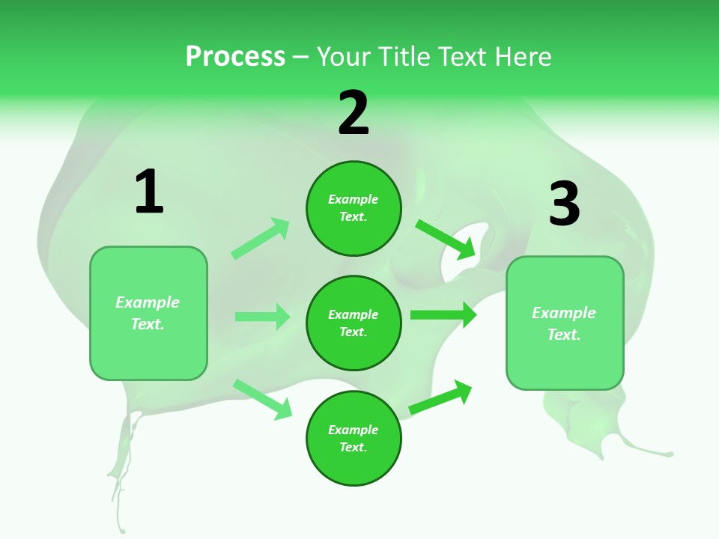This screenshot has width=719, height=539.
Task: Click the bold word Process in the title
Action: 235,57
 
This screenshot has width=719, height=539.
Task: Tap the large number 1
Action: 149,192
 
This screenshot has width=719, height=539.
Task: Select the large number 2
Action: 354,113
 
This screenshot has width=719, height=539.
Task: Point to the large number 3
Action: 565,204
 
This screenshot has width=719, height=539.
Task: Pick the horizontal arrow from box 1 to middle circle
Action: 262,317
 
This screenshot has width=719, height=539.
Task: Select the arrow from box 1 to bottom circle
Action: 262,399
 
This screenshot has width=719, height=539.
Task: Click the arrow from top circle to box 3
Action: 446,239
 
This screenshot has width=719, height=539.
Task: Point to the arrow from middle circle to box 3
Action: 443,314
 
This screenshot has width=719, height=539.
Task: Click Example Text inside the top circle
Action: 354,208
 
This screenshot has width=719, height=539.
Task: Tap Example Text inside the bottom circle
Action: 354,439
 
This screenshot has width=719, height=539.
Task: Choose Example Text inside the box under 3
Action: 565,323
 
